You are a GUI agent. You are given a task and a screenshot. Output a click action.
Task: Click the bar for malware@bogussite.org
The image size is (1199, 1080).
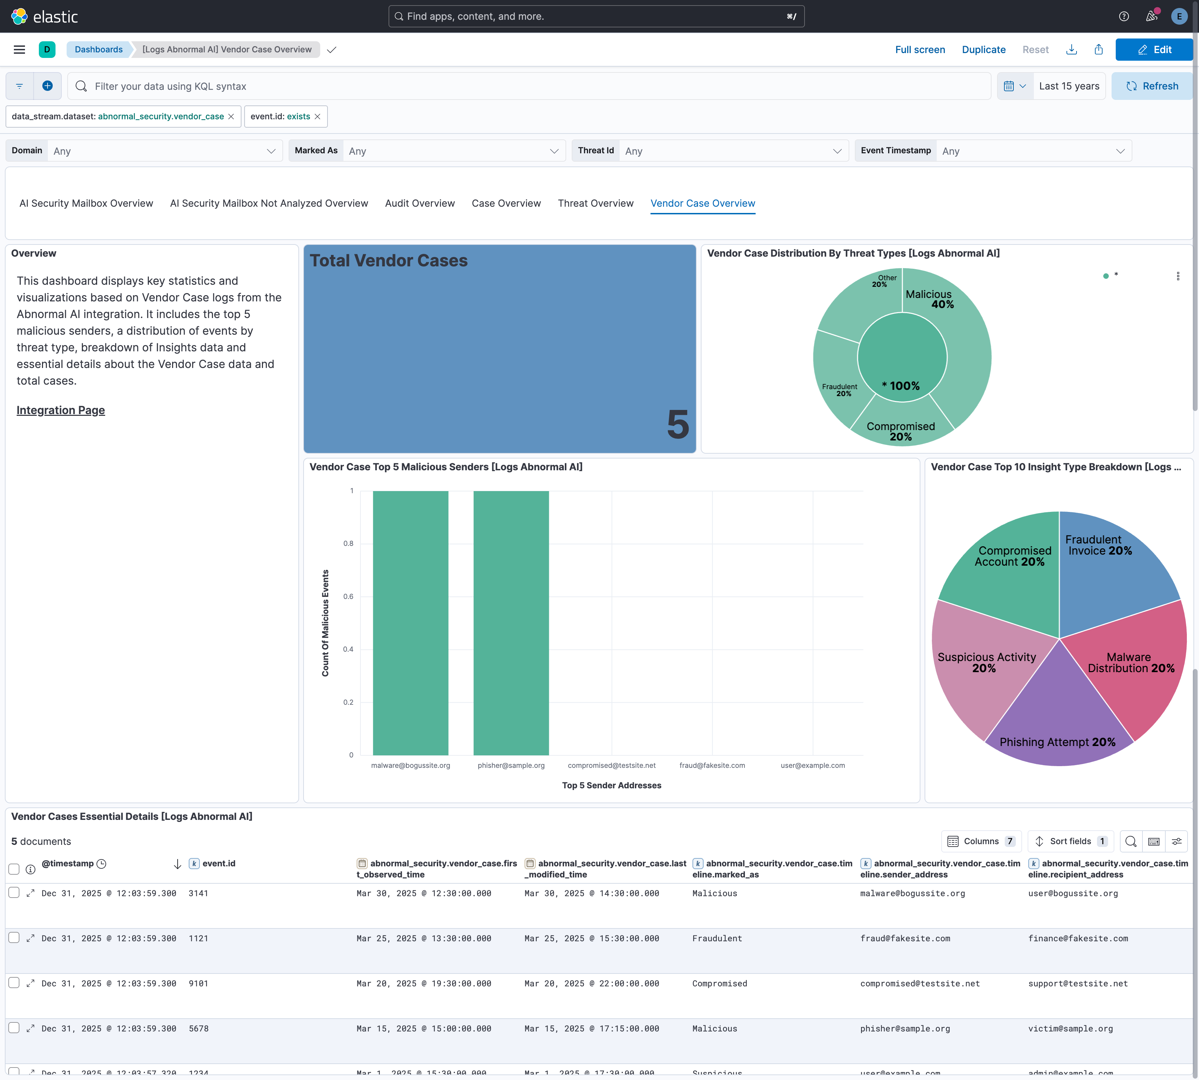(410, 623)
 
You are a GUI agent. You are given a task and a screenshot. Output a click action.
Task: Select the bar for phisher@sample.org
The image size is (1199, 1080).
(511, 623)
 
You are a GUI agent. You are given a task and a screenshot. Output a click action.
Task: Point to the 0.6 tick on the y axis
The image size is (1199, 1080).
(348, 597)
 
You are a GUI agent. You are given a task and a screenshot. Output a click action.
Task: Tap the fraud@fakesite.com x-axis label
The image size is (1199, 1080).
(712, 765)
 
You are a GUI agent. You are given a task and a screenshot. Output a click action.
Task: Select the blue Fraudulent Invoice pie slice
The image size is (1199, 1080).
(1110, 570)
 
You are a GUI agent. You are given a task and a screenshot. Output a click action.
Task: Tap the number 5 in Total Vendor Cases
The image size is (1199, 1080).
(677, 425)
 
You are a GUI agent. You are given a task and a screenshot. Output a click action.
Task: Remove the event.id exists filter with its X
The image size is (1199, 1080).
(317, 116)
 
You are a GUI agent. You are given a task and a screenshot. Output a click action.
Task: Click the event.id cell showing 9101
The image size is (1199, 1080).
(198, 983)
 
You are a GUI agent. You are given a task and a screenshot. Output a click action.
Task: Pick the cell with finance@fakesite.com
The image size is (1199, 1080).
(1078, 938)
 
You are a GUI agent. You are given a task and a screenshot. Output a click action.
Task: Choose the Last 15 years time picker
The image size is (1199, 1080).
(1069, 86)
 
